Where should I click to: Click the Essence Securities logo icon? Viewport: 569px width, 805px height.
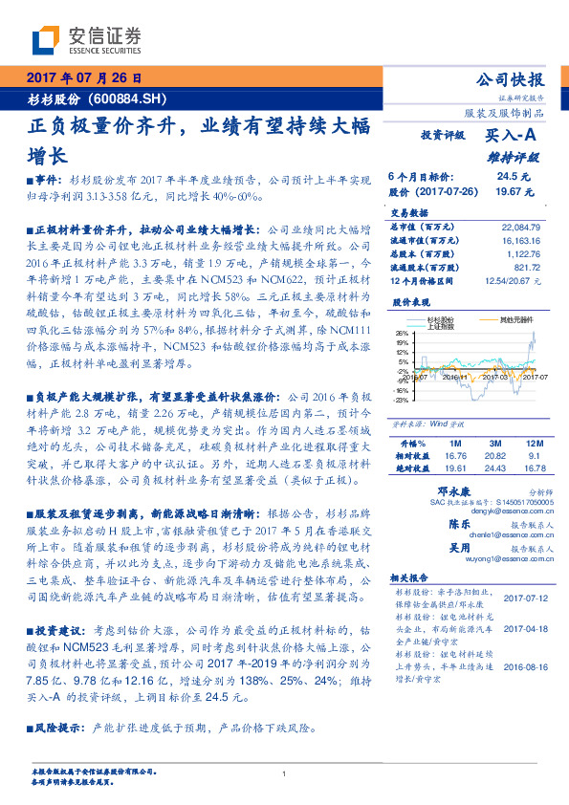[45, 40]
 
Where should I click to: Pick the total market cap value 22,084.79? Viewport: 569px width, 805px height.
[520, 228]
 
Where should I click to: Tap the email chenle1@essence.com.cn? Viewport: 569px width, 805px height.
[475, 536]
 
